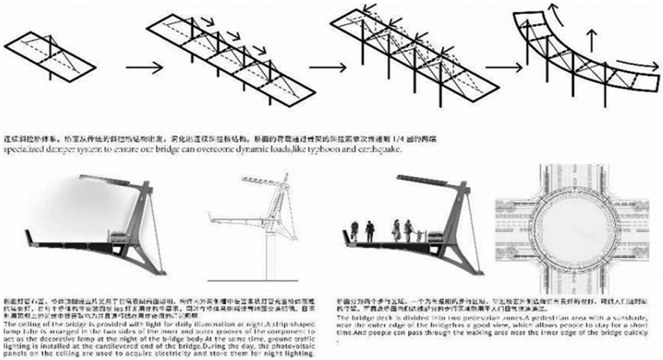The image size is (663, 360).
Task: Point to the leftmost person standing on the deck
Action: click(354, 231)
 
